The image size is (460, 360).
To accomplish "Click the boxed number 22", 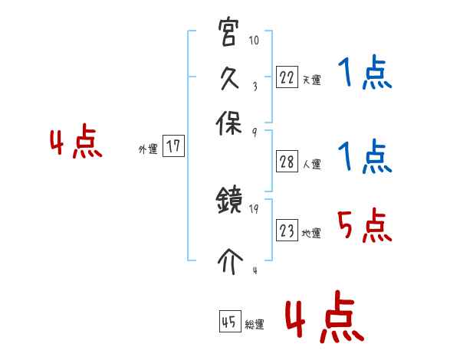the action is (287, 77).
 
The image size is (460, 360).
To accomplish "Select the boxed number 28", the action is (287, 162).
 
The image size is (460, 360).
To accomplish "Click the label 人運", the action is (311, 164).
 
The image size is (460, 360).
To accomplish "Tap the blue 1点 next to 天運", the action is (365, 75).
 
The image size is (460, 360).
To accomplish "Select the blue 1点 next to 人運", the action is (365, 158).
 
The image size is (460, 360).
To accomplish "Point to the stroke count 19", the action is (255, 208).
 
